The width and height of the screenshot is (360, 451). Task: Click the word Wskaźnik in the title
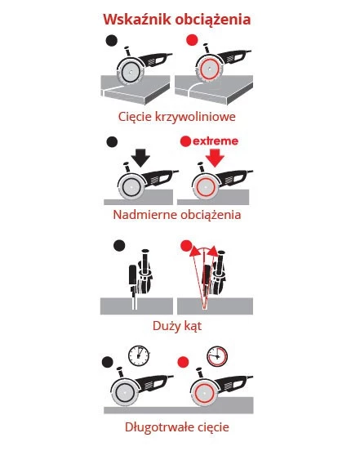(x=137, y=20)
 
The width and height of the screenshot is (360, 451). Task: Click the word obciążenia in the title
(x=213, y=20)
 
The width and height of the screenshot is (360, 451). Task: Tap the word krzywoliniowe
(x=195, y=117)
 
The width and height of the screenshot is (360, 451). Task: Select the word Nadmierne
(x=141, y=215)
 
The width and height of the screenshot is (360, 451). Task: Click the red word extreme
(x=216, y=141)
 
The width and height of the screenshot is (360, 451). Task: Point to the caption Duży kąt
(x=177, y=326)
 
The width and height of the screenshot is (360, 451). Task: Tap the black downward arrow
(x=140, y=158)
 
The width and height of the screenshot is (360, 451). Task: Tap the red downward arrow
(x=215, y=158)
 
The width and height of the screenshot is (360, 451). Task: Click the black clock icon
(x=139, y=355)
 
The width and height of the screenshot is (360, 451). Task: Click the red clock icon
(x=217, y=356)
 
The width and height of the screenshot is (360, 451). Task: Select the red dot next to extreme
(x=185, y=141)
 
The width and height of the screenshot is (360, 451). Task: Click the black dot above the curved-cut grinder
(x=112, y=41)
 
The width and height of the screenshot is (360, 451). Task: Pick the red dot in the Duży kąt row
(x=186, y=246)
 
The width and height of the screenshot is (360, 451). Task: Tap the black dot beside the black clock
(x=108, y=362)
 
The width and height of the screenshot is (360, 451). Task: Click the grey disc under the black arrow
(x=131, y=187)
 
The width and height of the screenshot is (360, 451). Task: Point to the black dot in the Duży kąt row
(x=119, y=246)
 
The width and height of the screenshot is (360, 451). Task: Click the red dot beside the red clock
(x=184, y=362)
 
